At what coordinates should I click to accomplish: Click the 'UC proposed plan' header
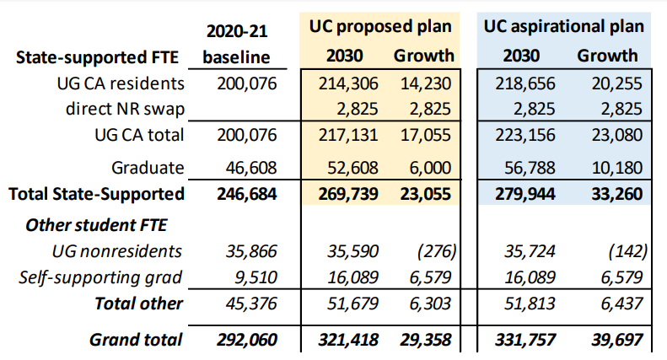[x=378, y=26]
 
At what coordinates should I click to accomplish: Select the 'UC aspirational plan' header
[x=565, y=26]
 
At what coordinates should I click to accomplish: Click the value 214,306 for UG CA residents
[x=349, y=83]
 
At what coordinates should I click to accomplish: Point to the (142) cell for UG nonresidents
[x=625, y=250]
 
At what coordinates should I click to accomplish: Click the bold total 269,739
[x=348, y=193]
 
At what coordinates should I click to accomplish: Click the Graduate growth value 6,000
[x=431, y=167]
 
